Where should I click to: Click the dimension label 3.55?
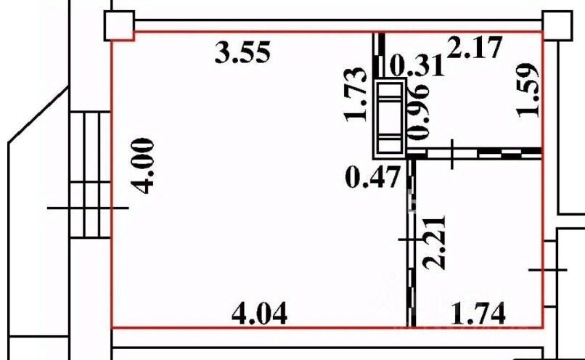pos(242,52)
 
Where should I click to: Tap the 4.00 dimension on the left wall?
pos(144,166)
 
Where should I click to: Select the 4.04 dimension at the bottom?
pos(260,314)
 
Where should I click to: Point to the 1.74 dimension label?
pos(478,314)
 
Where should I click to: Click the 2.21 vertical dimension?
pos(435,242)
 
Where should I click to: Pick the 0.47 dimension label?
pos(373,178)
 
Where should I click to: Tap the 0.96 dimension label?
pos(419,112)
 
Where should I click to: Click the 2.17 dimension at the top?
pos(474,47)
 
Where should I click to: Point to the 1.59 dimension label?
pos(527,90)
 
